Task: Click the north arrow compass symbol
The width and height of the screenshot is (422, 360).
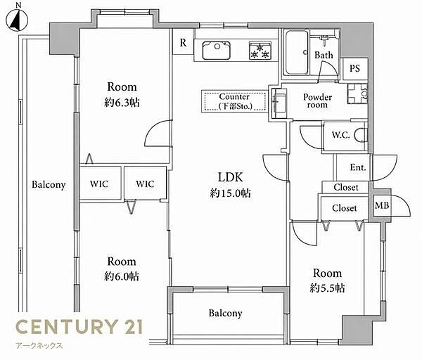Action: coord(17,20)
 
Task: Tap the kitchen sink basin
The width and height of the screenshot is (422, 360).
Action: coord(217,51)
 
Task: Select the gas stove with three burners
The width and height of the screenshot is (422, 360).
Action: coord(260,51)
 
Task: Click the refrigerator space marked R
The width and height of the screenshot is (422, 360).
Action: coord(183,42)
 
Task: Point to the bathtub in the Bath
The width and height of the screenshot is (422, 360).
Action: coord(297,53)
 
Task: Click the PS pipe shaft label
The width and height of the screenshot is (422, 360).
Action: coord(354,68)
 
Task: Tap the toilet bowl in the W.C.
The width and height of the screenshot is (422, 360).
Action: coord(360,135)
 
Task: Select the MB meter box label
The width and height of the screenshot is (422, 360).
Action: coord(382,205)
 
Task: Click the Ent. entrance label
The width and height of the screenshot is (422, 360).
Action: coord(358,167)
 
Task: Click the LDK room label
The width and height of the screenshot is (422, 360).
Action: coord(231,177)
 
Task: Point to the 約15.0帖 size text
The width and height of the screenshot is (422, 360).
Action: coord(231,193)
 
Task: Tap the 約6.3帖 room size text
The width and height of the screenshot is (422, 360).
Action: coord(122,102)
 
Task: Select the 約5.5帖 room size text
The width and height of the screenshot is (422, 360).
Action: coord(327,288)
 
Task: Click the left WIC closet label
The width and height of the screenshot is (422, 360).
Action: coord(99,184)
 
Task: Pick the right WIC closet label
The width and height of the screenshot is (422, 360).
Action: coord(145,184)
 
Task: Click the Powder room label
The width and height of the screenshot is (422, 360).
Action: coord(318,101)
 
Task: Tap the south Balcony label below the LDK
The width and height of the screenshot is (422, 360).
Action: coord(225,313)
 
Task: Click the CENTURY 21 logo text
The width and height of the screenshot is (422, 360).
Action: coord(79,326)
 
